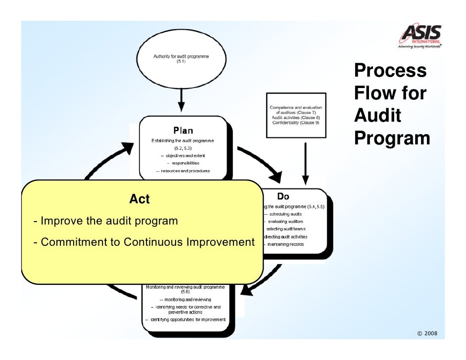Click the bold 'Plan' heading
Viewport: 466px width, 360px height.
(183, 131)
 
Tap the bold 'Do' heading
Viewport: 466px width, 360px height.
(283, 196)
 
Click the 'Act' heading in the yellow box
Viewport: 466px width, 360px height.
(139, 199)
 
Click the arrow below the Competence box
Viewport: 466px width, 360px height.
(306, 163)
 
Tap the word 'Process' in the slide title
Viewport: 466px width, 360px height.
(390, 71)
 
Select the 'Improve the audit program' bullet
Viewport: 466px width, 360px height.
(105, 221)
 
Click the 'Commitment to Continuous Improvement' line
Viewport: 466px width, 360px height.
(143, 243)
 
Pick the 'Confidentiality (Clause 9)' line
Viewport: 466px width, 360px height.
(296, 123)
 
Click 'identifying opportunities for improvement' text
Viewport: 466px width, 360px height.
(185, 319)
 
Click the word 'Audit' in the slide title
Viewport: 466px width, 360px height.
(377, 116)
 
